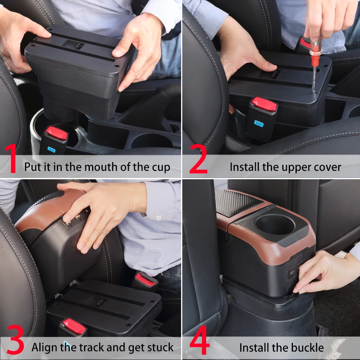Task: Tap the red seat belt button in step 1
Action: coord(56,133)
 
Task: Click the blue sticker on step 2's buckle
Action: coord(259,123)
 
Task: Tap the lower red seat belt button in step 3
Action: coord(74,324)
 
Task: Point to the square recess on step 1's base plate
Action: coord(74,45)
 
